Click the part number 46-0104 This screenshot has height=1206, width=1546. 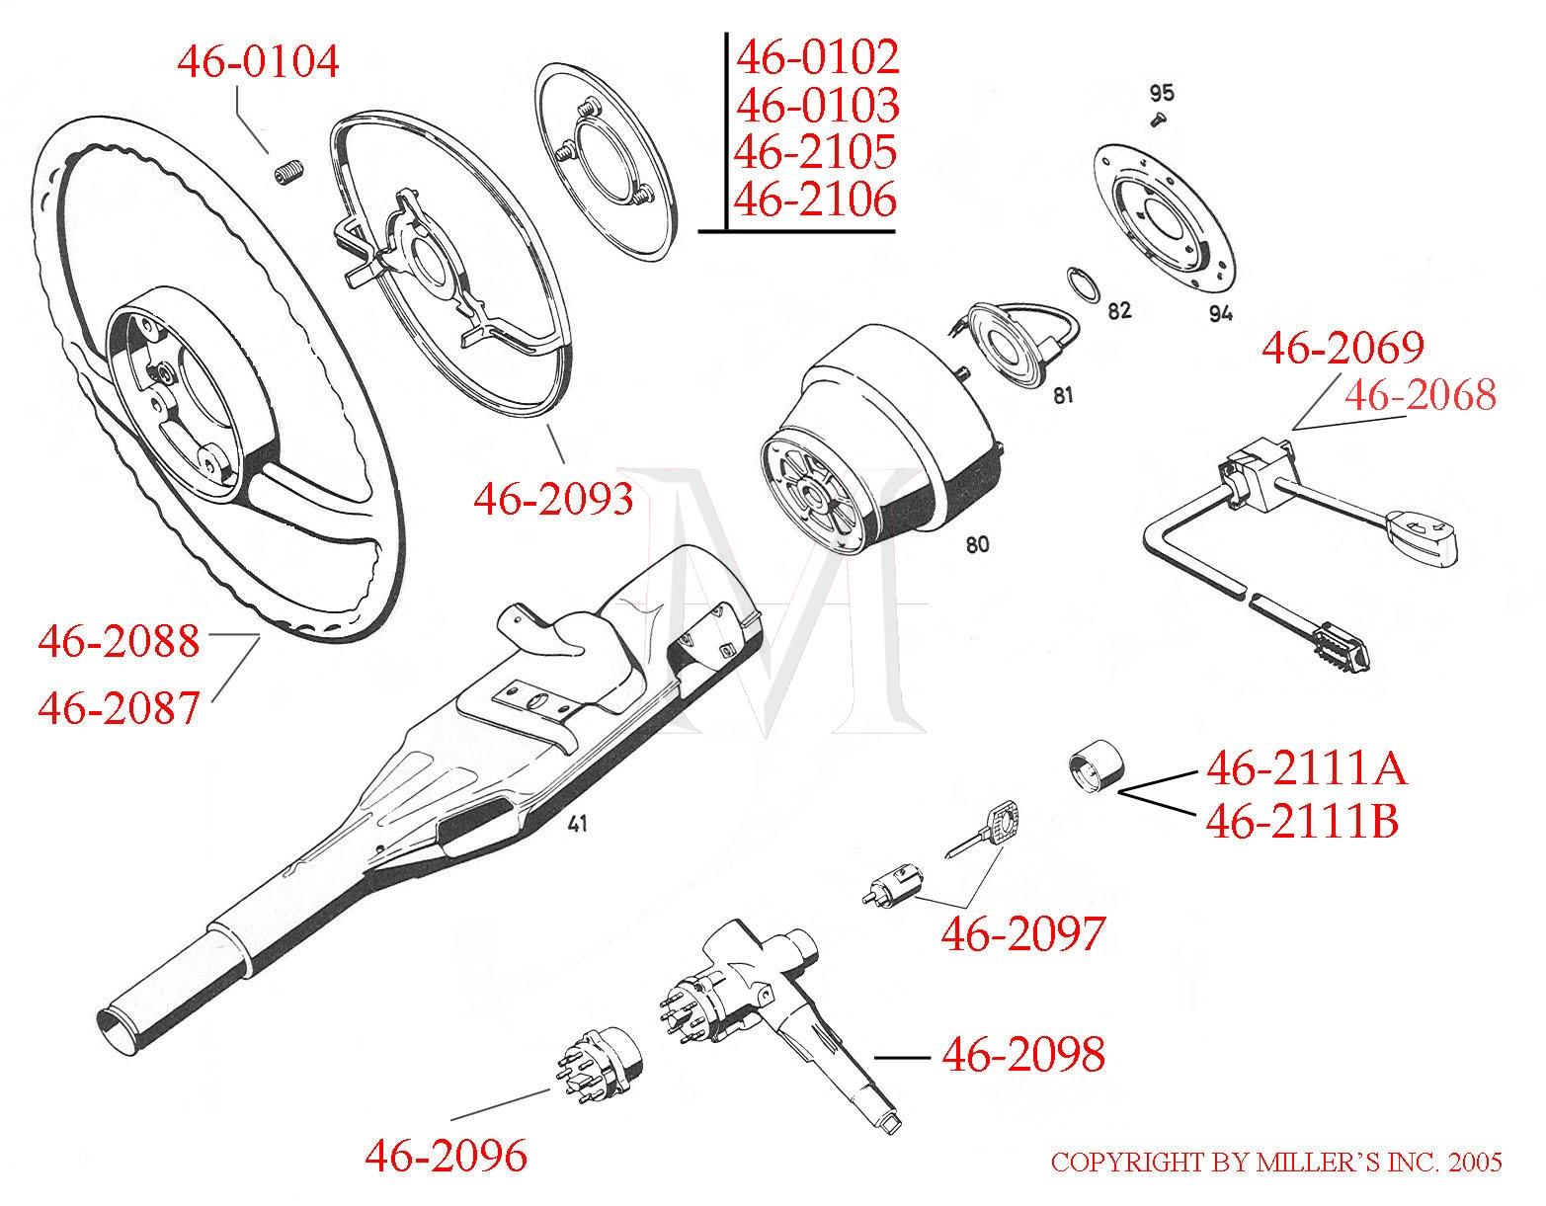coord(258,61)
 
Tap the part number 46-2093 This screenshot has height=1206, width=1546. coord(553,499)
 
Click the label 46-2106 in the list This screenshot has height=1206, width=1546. coord(816,200)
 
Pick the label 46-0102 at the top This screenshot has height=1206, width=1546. coord(818,57)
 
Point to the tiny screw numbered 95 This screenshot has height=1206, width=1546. coord(1159,120)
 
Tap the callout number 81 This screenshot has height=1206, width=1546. coord(1063,396)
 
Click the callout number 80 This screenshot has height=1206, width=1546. coord(977,544)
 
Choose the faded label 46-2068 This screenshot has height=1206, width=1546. coord(1419,395)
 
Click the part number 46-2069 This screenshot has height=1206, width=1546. coord(1343,348)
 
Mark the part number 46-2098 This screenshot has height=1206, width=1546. coord(1022,1054)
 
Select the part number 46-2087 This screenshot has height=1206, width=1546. coord(119,707)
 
